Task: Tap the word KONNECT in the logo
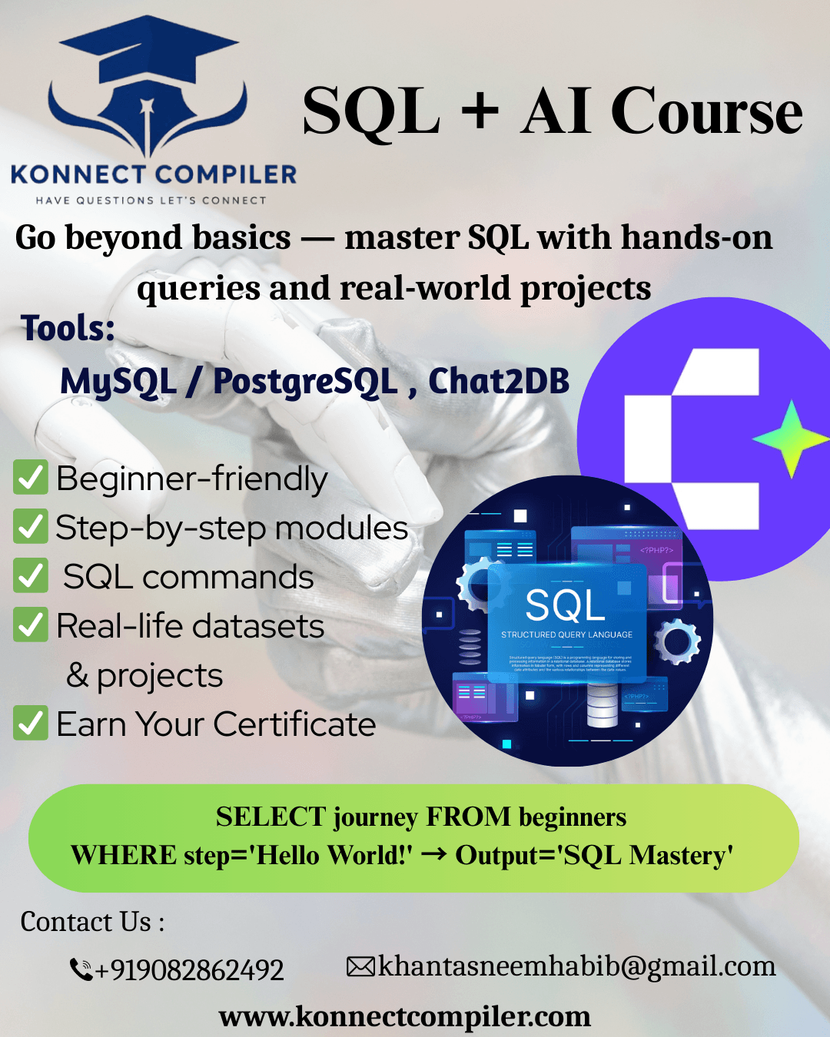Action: tap(78, 175)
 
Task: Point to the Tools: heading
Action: tap(68, 329)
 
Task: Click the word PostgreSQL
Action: tap(305, 382)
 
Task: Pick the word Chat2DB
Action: tap(499, 381)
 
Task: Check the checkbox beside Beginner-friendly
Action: tap(31, 478)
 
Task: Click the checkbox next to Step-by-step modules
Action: tap(31, 527)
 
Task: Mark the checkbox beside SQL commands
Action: tap(31, 576)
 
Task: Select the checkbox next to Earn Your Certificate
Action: tap(31, 724)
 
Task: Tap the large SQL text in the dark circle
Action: tap(566, 605)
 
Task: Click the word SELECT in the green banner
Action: tap(271, 817)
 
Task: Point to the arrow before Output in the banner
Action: tap(434, 853)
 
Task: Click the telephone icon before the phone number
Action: tap(81, 969)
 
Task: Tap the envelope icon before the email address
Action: tap(360, 966)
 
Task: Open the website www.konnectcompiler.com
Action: tap(405, 1016)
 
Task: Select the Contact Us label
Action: tap(92, 922)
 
